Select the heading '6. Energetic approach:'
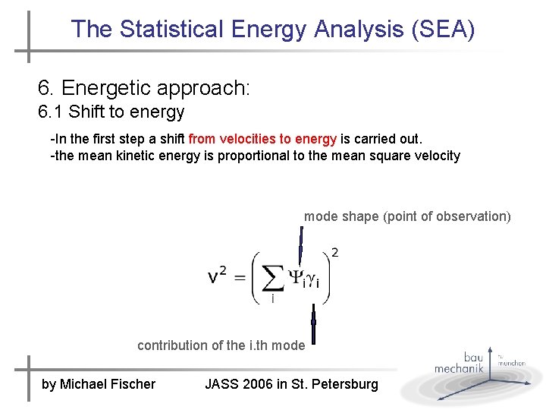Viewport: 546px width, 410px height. coord(144,88)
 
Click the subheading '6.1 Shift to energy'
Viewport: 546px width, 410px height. coord(111,112)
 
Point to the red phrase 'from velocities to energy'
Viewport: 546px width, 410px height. coord(262,139)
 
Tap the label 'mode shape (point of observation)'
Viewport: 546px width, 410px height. coord(407,216)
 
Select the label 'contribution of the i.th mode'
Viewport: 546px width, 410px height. coord(221,345)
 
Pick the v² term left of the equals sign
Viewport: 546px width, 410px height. coord(217,276)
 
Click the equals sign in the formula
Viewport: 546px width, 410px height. coord(239,277)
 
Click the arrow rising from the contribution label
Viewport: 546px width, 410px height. coord(313,323)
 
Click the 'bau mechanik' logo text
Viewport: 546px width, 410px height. coord(459,363)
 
